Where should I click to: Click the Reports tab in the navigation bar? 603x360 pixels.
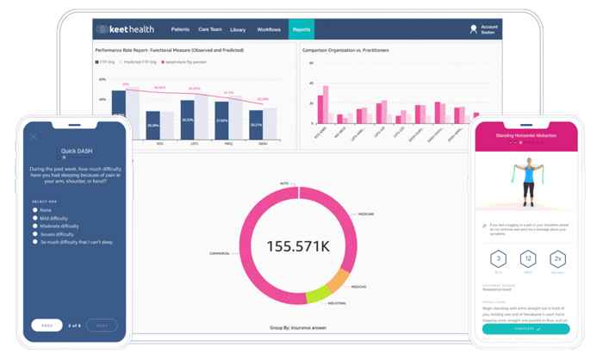(x=301, y=29)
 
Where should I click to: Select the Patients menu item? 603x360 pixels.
(x=180, y=29)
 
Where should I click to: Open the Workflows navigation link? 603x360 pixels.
(x=270, y=29)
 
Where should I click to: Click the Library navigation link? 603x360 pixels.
(x=238, y=29)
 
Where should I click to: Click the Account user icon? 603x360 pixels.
(x=474, y=29)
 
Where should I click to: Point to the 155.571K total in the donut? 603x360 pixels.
(x=299, y=245)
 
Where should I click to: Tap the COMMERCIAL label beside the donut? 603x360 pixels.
(x=220, y=253)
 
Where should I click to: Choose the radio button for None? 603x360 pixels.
(x=35, y=209)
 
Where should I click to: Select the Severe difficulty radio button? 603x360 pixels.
(x=35, y=233)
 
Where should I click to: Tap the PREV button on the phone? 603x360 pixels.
(x=47, y=326)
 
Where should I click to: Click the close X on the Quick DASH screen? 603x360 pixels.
(x=34, y=136)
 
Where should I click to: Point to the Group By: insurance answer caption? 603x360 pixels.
(x=299, y=328)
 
